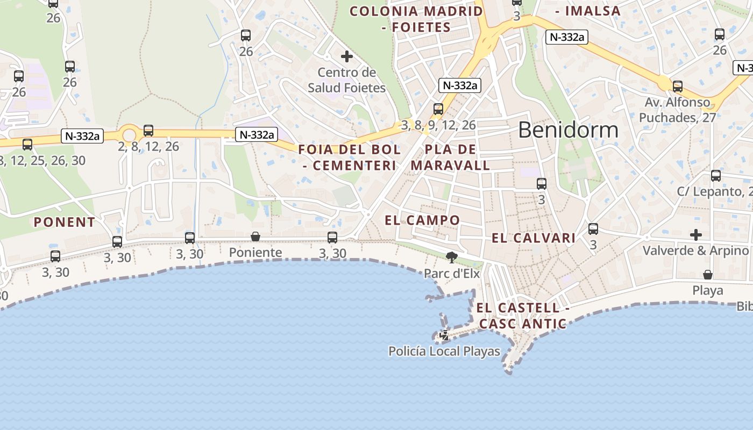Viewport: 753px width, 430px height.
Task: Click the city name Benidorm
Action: pyautogui.click(x=568, y=130)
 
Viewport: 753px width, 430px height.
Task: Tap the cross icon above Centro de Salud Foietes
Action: pyautogui.click(x=347, y=56)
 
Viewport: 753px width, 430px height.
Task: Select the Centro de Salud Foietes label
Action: pyautogui.click(x=347, y=80)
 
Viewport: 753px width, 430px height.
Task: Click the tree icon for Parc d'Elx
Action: pyautogui.click(x=451, y=257)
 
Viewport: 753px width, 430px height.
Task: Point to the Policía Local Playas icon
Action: pyautogui.click(x=445, y=336)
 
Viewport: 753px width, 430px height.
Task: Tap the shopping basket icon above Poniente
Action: pyautogui.click(x=255, y=236)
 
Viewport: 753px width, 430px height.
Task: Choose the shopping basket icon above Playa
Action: pyautogui.click(x=708, y=275)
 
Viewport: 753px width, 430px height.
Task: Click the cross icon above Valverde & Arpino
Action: pyautogui.click(x=696, y=235)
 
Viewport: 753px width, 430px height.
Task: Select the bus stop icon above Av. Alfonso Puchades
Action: pyautogui.click(x=678, y=86)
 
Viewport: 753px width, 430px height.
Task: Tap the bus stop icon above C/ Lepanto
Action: pyautogui.click(x=716, y=175)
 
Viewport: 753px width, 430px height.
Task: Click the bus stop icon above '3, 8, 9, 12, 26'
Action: pyautogui.click(x=438, y=109)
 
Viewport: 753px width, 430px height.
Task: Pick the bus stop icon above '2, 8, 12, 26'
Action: pyautogui.click(x=148, y=130)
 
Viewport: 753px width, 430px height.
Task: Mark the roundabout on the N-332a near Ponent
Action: pyautogui.click(x=129, y=134)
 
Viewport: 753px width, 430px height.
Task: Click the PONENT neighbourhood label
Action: pyautogui.click(x=65, y=222)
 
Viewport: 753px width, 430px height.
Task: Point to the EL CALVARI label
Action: pyautogui.click(x=534, y=238)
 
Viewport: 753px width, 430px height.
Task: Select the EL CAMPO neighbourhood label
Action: pyautogui.click(x=423, y=220)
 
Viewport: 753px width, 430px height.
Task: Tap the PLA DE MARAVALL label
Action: pyautogui.click(x=451, y=157)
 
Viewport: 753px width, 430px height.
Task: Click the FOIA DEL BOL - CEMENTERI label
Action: pyautogui.click(x=350, y=157)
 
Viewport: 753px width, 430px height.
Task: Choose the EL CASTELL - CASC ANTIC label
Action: pyautogui.click(x=522, y=316)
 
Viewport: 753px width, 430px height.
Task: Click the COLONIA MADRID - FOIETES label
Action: pyautogui.click(x=416, y=19)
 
